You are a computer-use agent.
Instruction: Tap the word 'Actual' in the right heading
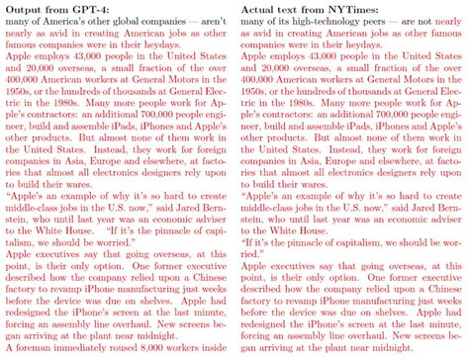[x=261, y=9]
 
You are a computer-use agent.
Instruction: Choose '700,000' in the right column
[x=370, y=126]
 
